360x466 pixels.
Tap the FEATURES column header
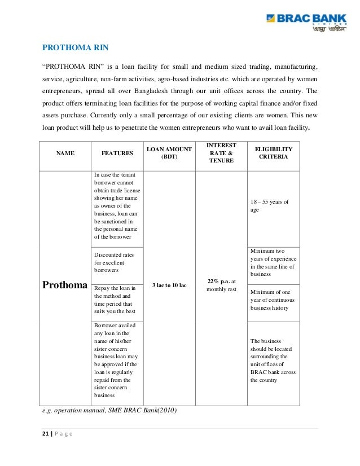point(117,153)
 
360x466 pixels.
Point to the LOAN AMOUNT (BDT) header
point(169,152)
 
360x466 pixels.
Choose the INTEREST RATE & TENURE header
point(221,152)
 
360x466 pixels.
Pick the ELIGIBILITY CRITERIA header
point(273,152)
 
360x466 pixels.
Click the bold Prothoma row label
point(65,284)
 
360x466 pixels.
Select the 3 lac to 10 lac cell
point(169,285)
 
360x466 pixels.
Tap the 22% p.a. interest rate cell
point(221,285)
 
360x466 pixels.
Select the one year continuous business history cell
point(273,300)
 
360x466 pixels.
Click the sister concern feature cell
point(116,361)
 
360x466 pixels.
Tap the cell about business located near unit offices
point(273,361)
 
